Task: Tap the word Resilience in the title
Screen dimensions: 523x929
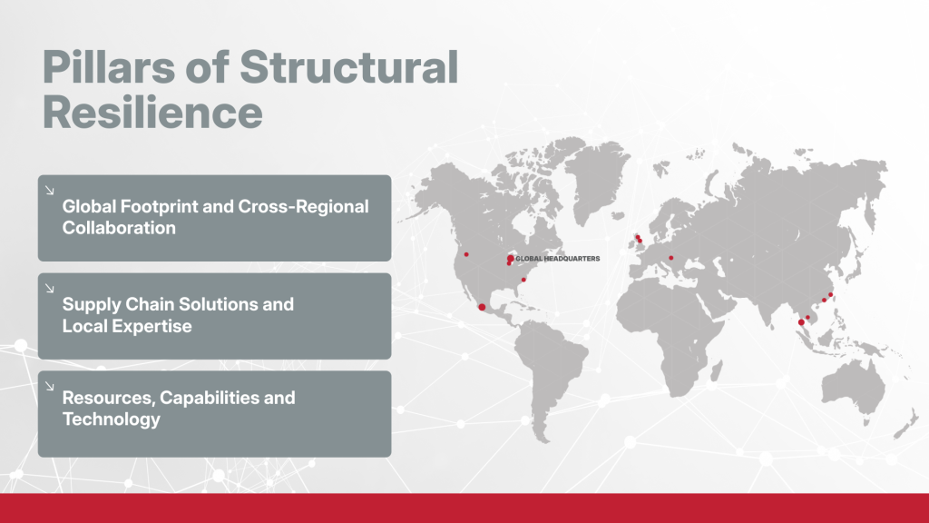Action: pyautogui.click(x=153, y=113)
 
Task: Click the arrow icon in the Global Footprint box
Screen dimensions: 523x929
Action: pyautogui.click(x=49, y=191)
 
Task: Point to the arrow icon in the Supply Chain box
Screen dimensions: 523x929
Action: pyautogui.click(x=49, y=289)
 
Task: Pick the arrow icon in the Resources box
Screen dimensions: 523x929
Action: pyautogui.click(x=49, y=386)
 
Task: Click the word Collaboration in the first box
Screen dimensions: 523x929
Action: pyautogui.click(x=119, y=228)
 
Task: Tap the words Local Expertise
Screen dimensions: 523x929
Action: pyautogui.click(x=127, y=326)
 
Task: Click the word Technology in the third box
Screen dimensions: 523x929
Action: pyautogui.click(x=111, y=419)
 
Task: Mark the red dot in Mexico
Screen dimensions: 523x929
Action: pyautogui.click(x=481, y=308)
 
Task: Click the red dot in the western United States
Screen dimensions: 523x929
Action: pyautogui.click(x=466, y=255)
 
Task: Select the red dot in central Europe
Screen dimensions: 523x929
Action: pyautogui.click(x=670, y=258)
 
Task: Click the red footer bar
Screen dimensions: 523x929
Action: pyautogui.click(x=464, y=508)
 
